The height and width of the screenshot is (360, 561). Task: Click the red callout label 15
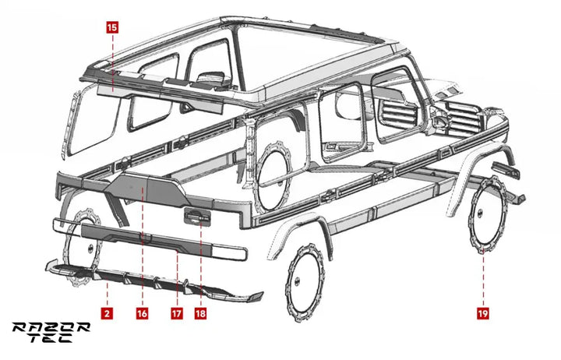click(112, 27)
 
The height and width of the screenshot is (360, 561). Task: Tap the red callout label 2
click(107, 313)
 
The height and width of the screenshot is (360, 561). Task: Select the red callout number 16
click(142, 313)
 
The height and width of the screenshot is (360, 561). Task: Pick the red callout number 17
click(177, 313)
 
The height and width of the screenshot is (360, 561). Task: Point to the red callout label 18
click(200, 313)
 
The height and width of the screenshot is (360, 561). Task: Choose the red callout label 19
click(483, 313)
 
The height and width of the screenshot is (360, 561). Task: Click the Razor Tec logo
click(51, 333)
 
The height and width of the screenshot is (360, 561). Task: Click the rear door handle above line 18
click(197, 217)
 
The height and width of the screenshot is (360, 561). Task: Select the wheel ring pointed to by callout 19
click(488, 214)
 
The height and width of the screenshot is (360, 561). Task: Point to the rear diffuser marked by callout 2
click(153, 279)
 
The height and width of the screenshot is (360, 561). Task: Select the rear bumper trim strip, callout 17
click(150, 240)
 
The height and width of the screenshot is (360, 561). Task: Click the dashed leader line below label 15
click(112, 62)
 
